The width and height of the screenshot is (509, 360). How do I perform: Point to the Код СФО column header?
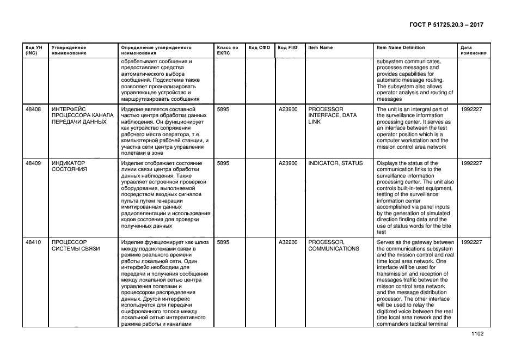click(x=259, y=48)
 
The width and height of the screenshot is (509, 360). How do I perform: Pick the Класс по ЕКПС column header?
click(x=227, y=51)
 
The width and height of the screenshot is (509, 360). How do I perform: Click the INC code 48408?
click(x=33, y=109)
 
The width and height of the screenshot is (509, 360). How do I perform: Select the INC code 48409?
click(x=33, y=163)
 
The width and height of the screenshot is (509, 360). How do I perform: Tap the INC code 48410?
click(x=33, y=242)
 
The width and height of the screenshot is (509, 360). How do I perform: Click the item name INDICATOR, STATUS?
click(x=335, y=163)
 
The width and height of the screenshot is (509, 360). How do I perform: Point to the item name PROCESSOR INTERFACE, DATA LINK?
click(x=332, y=115)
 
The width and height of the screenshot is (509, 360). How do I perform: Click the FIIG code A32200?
click(x=288, y=242)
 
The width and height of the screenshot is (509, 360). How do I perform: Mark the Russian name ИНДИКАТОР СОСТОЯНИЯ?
click(x=69, y=167)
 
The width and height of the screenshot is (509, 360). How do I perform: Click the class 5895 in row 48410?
click(x=223, y=242)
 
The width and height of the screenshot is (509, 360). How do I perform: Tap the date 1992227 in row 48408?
click(x=471, y=109)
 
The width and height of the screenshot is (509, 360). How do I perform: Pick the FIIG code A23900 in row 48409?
click(x=288, y=163)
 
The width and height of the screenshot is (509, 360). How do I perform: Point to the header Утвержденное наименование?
click(x=69, y=51)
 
